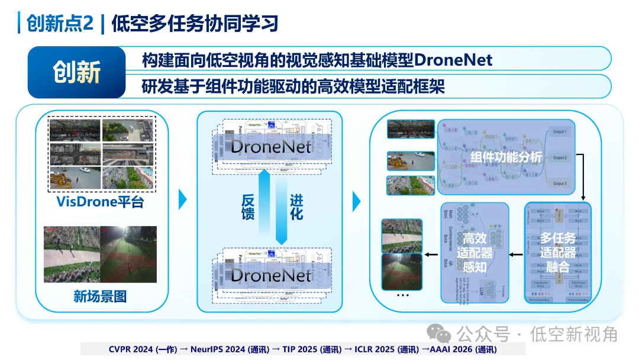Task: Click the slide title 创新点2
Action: [x=56, y=23]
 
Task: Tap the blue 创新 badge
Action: [x=76, y=72]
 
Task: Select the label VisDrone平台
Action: [x=100, y=202]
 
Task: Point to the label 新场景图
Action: [x=100, y=296]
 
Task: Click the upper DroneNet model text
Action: [x=271, y=146]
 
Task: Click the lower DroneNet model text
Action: [x=271, y=275]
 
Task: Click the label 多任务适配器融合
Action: [x=557, y=253]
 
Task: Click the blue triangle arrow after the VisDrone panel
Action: [x=182, y=200]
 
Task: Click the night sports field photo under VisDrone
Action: [x=128, y=254]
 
